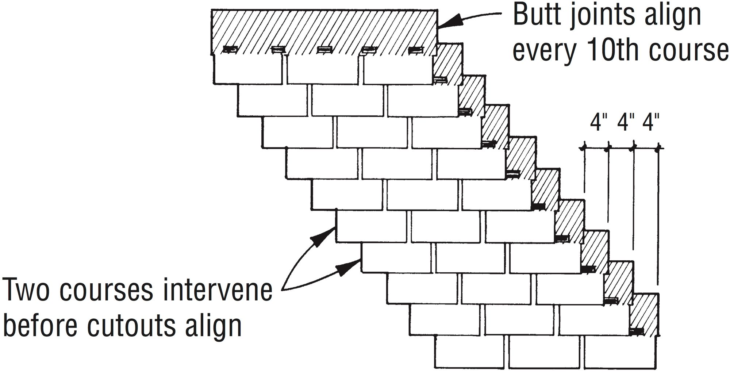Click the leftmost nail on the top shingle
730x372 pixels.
point(230,49)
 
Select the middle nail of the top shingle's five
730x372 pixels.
point(323,49)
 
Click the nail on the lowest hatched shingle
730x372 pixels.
point(637,331)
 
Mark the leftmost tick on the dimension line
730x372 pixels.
point(584,148)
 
